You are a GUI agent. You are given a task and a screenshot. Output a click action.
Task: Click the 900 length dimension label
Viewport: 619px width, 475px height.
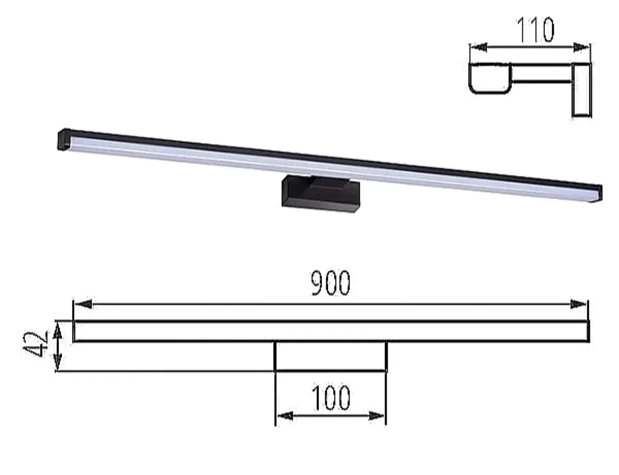pos(331,283)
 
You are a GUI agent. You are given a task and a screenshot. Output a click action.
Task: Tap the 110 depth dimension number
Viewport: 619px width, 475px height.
pos(535,31)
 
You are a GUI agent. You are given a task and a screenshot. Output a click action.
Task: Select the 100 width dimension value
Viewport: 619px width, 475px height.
pos(331,397)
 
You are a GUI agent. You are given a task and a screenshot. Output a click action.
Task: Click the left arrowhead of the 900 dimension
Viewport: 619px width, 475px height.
pos(83,304)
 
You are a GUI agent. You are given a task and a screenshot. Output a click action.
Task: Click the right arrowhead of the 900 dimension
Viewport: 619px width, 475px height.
pos(578,304)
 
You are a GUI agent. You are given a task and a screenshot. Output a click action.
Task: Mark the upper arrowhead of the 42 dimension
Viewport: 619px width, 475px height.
pos(56,334)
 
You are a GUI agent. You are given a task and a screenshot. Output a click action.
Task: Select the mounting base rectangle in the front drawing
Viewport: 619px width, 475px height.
pos(330,356)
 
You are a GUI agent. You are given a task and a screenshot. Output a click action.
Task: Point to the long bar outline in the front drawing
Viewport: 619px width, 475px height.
pos(331,331)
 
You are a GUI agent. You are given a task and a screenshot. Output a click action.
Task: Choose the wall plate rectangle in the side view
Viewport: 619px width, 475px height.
pos(582,89)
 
